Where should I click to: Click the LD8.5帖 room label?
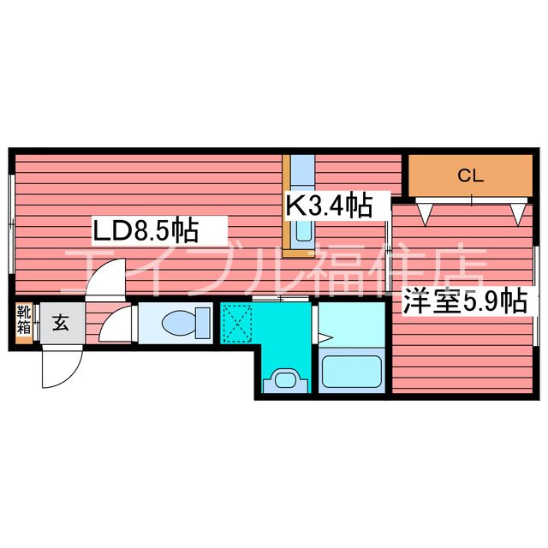click(x=146, y=229)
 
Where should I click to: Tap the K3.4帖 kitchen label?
click(x=329, y=205)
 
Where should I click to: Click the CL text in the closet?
click(x=470, y=176)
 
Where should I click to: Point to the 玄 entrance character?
click(x=62, y=323)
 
